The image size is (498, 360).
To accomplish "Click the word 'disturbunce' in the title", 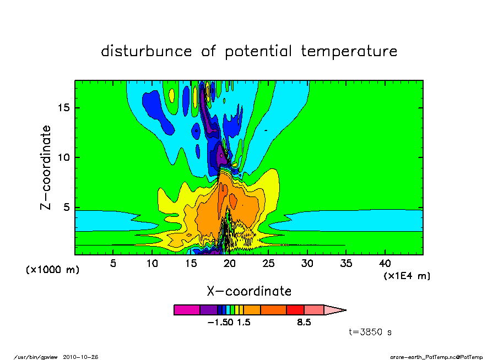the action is click(x=147, y=51).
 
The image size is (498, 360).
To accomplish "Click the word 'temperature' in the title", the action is click(x=349, y=51).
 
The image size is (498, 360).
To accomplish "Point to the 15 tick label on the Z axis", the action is click(x=63, y=108).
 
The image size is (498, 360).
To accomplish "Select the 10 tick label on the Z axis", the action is click(x=63, y=157).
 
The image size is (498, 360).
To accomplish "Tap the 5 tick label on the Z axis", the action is click(x=66, y=208).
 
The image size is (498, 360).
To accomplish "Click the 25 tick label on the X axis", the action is click(x=268, y=264).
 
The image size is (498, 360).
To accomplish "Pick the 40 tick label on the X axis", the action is click(x=385, y=264).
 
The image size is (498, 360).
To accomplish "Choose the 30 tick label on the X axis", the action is click(x=307, y=264).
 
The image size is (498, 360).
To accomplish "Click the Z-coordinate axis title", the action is click(x=45, y=167).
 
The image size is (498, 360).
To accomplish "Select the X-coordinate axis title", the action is click(x=249, y=291).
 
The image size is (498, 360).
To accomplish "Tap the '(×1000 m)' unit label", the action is click(x=52, y=270).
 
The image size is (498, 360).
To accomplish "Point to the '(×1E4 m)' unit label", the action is click(x=407, y=276).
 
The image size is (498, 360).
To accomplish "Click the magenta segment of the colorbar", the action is click(x=187, y=310).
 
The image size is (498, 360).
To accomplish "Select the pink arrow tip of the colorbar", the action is click(x=335, y=310).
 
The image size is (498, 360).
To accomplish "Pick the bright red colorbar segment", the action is click(x=295, y=310).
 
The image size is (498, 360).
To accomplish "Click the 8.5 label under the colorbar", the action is click(x=304, y=323).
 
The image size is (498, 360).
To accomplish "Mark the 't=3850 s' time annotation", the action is click(x=370, y=332).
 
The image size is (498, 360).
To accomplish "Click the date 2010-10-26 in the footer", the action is click(x=80, y=357).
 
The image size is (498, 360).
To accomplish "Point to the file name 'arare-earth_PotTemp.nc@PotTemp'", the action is click(x=436, y=357).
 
